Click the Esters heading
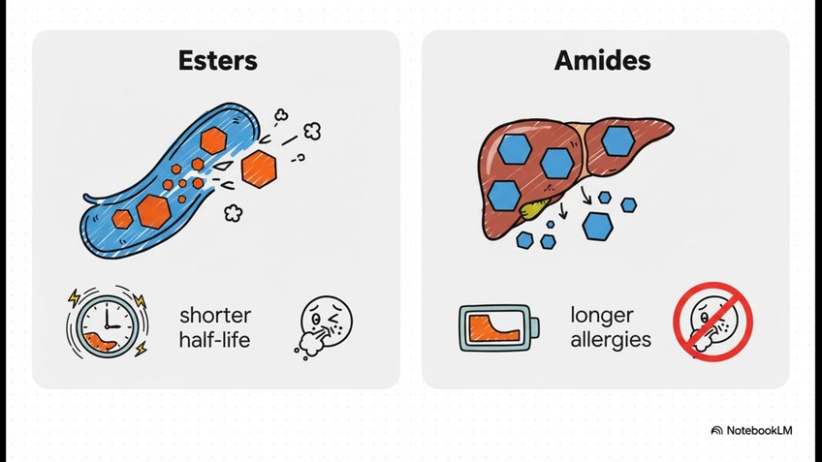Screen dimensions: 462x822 [218, 61]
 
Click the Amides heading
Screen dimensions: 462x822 [602, 61]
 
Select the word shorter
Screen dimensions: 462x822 [215, 316]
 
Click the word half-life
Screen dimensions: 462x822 [215, 340]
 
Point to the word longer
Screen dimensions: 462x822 [602, 316]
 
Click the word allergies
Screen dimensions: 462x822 [611, 340]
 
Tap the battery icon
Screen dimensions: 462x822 [495, 327]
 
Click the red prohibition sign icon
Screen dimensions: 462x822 [713, 322]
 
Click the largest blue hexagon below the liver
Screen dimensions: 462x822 [597, 226]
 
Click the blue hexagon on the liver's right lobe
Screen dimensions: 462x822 [617, 140]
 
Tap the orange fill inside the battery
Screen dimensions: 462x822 [490, 329]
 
